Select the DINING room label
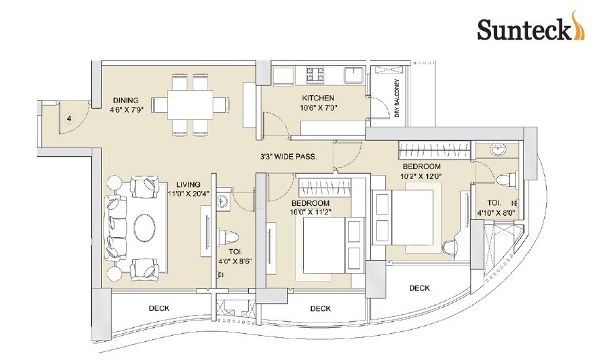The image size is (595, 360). click(126, 97)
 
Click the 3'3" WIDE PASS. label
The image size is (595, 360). click(288, 157)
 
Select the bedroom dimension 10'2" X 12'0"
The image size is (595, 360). click(421, 176)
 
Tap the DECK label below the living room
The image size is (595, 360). click(158, 308)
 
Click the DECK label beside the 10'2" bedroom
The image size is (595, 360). click(419, 288)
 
